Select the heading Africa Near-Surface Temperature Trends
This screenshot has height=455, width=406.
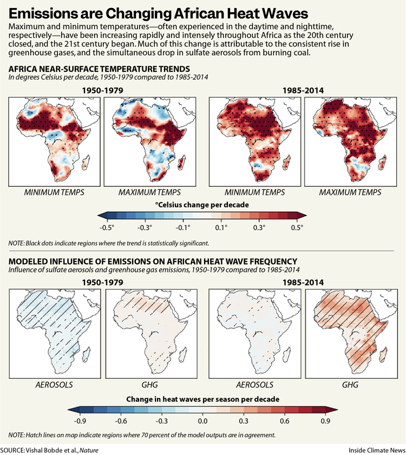pos(99,69)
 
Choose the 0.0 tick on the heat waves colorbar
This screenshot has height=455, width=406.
pos(202,420)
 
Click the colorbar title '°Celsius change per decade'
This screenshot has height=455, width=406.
pos(200,205)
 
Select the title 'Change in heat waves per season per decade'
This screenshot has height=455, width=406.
pos(202,399)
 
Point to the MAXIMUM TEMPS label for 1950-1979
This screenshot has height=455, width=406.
pos(149,192)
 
